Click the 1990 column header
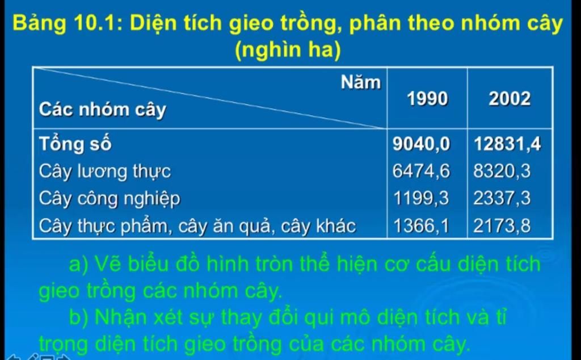[x=427, y=99]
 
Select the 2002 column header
[x=510, y=99]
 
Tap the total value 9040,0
[x=422, y=144]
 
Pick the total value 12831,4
[x=508, y=144]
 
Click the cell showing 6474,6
[x=421, y=171]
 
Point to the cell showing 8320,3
[x=502, y=171]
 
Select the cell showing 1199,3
[x=421, y=198]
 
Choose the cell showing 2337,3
[x=502, y=198]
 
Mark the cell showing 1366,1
[x=421, y=226]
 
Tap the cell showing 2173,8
[x=502, y=226]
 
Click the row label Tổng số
[x=75, y=144]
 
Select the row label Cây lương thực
[x=105, y=172]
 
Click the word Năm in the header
[x=360, y=82]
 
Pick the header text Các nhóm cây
[x=103, y=110]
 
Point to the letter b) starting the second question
[x=79, y=317]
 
